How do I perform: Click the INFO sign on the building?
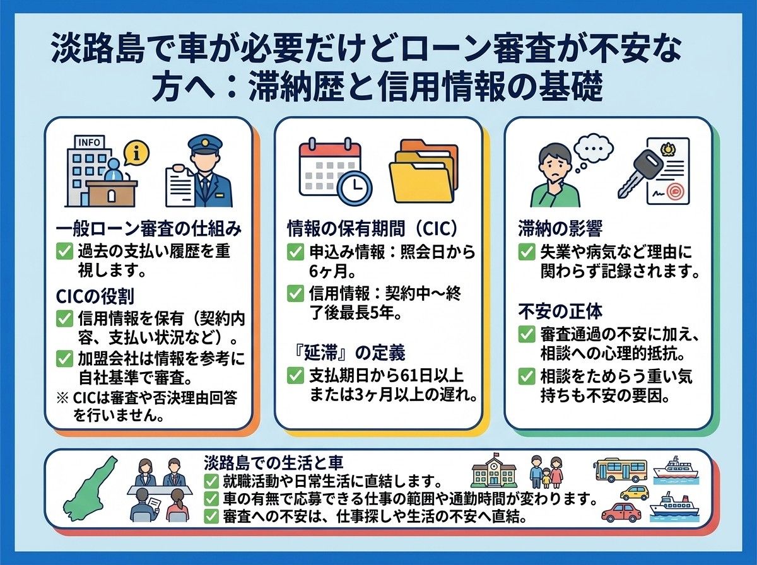pos(89,142)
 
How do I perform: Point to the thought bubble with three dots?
pos(592,151)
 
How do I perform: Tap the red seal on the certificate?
pos(673,192)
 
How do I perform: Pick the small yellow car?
pos(634,493)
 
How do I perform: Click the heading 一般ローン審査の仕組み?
pos(149,230)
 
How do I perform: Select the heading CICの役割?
pos(95,296)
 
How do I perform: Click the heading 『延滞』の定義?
pos(346,352)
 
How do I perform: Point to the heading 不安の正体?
pos(560,312)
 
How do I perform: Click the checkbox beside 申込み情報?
pos(296,252)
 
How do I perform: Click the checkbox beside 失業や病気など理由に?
pos(527,252)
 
